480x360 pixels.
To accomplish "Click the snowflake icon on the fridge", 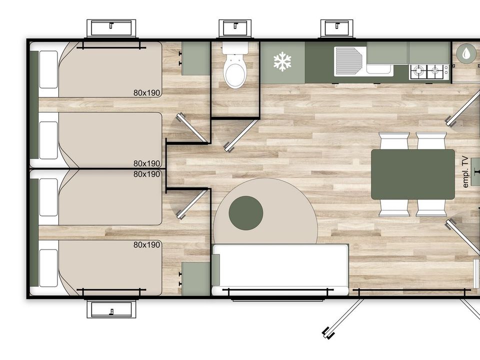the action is (282, 61).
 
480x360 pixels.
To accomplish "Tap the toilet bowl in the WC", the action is (235, 71).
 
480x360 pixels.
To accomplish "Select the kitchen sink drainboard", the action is (348, 61).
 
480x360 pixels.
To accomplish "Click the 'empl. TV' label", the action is (465, 171).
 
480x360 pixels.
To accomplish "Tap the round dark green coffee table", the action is (246, 213).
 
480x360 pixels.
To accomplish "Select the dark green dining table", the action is (412, 174).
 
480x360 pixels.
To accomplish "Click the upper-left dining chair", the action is (394, 141).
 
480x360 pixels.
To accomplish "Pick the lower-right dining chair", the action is (431, 208).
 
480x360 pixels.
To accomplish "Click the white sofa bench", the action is (280, 269).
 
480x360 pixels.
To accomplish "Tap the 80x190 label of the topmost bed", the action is (147, 93).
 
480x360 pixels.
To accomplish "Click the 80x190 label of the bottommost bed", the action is (147, 244).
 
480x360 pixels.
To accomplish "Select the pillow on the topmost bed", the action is (48, 69).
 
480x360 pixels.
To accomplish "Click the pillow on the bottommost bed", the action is (48, 268).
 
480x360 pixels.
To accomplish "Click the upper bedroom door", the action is (192, 127).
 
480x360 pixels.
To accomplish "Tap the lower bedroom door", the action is (192, 204).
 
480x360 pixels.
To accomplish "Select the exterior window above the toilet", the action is (235, 28).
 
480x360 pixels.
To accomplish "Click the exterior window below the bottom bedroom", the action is (111, 309).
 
